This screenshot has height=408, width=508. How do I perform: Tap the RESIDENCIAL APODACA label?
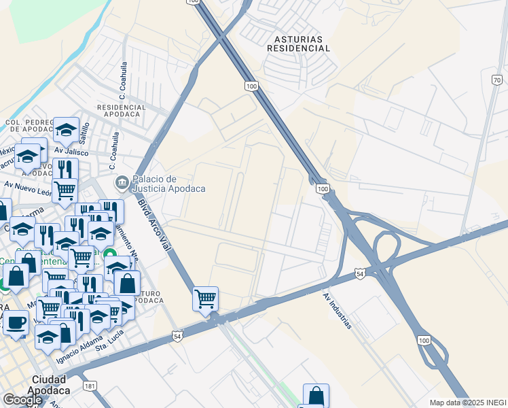tap(122, 111)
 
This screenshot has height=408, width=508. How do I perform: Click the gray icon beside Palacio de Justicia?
tap(122, 183)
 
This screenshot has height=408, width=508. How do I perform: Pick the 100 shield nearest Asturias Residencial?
tap(251, 86)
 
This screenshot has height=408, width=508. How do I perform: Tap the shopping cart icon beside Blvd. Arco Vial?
tap(205, 298)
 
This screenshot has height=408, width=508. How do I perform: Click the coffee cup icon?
tap(16, 322)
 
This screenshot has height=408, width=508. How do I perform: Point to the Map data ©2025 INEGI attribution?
tap(468, 403)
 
